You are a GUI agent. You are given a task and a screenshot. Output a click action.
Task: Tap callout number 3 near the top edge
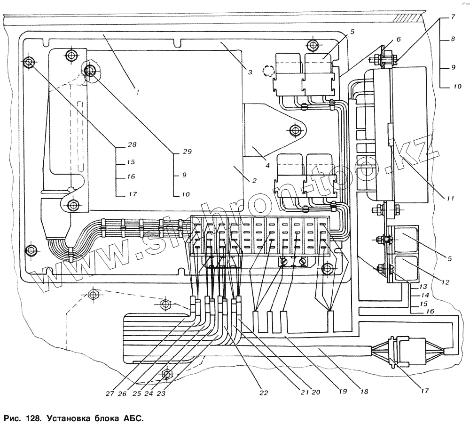click(251, 72)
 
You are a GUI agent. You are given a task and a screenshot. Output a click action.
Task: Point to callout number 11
click(450, 199)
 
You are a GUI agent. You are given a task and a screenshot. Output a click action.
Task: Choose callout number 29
click(187, 152)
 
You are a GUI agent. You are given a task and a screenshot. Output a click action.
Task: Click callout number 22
click(265, 392)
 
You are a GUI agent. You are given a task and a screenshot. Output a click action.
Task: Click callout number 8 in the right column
click(453, 40)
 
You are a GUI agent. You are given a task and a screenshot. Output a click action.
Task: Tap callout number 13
click(423, 286)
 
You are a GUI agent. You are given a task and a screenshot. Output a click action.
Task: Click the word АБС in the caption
click(133, 418)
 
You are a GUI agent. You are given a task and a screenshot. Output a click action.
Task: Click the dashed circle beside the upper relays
click(268, 71)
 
